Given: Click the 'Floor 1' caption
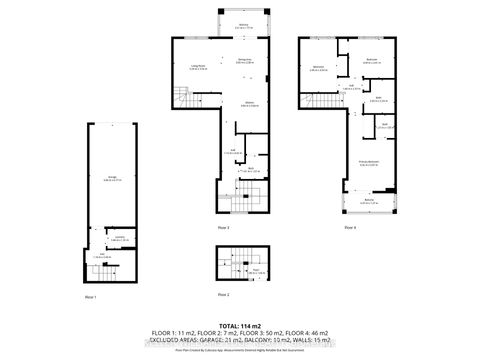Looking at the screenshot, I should click(91, 298).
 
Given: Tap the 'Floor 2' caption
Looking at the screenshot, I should click(224, 295).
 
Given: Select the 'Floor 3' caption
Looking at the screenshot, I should click(224, 229).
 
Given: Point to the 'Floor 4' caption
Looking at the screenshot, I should click(350, 229).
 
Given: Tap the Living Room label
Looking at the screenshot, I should click(198, 68).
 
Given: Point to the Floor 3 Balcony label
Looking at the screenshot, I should click(244, 26).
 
